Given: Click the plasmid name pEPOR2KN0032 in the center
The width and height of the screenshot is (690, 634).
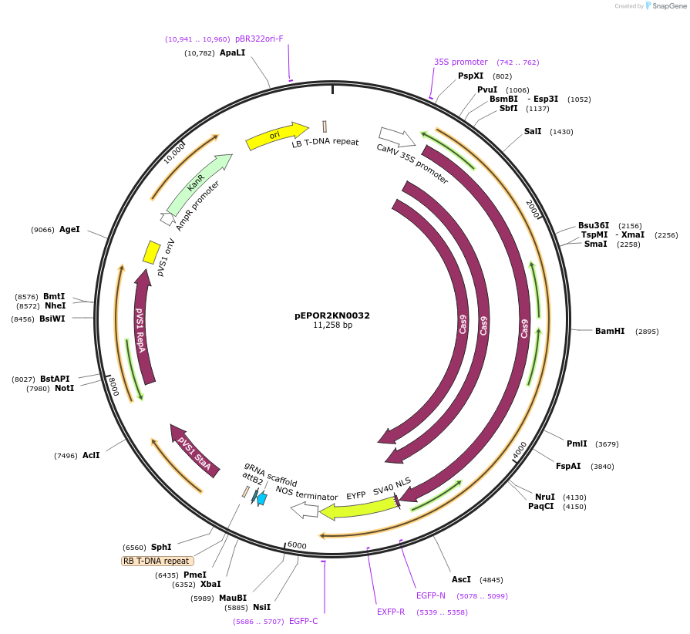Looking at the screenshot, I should pos(332,315).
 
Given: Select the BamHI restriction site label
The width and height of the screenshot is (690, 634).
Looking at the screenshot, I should pos(610,332).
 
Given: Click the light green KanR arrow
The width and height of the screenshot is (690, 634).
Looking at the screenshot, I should pos(198,185).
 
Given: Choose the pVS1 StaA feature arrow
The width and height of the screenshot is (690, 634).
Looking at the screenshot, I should pos(194,450).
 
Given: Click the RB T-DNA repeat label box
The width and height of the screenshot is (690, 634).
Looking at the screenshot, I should pos(157,561).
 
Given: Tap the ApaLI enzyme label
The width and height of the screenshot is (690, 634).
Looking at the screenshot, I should pos(232,53).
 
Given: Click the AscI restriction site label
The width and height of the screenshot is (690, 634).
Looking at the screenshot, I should pos(461,579).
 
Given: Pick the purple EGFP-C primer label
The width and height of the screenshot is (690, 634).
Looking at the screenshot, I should pos(303,621).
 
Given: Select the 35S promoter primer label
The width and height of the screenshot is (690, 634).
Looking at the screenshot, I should pos(460,62).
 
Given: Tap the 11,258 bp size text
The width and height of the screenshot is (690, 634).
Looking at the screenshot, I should pos(332,325).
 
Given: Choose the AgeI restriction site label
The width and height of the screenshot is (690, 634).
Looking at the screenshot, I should pos(69,229).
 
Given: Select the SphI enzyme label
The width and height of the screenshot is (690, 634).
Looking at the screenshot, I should pos(161,547).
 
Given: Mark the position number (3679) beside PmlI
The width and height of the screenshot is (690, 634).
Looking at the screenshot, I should pos(607,444).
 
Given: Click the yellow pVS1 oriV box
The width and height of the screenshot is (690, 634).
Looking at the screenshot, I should pos(152,251).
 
